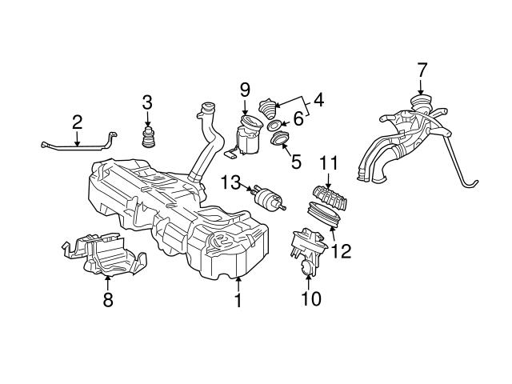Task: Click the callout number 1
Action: [x=237, y=302]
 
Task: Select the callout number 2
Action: [x=77, y=122]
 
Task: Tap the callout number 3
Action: [x=146, y=102]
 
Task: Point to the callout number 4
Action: [x=318, y=102]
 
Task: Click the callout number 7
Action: [x=422, y=72]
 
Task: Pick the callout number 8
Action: [x=108, y=300]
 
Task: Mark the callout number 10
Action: [x=310, y=299]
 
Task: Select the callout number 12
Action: [x=341, y=251]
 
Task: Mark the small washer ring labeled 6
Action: [x=274, y=126]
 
